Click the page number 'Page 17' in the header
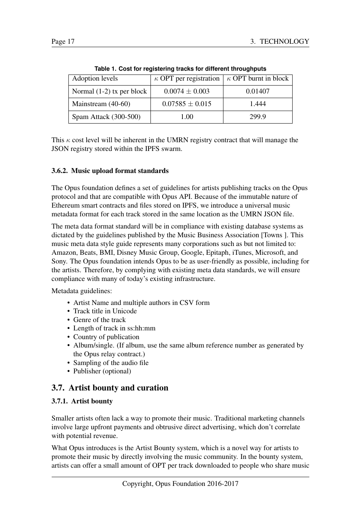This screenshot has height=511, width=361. (x=63, y=41)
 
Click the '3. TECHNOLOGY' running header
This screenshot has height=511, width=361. (x=279, y=41)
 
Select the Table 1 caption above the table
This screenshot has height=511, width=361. (x=180, y=69)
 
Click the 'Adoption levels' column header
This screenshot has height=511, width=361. (x=95, y=79)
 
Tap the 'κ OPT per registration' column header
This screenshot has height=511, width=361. (x=187, y=79)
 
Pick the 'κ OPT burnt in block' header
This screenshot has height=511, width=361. (x=258, y=79)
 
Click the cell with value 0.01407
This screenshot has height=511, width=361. (x=258, y=91)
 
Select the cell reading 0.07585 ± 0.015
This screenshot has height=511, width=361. (x=187, y=104)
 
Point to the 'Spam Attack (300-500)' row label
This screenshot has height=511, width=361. (x=106, y=117)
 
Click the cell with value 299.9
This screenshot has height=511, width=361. (x=258, y=117)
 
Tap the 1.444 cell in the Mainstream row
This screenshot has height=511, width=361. (x=258, y=104)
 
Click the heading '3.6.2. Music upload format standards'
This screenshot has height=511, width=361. (x=110, y=171)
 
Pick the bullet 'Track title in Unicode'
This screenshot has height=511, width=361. (x=105, y=311)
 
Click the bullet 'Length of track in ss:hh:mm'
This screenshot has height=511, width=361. (x=114, y=328)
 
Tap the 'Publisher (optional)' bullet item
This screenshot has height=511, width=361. (x=102, y=371)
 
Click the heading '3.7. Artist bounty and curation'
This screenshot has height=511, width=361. (x=110, y=388)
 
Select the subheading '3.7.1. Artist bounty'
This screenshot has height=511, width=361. (x=82, y=401)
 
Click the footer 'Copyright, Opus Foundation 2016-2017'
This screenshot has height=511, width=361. (x=180, y=484)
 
